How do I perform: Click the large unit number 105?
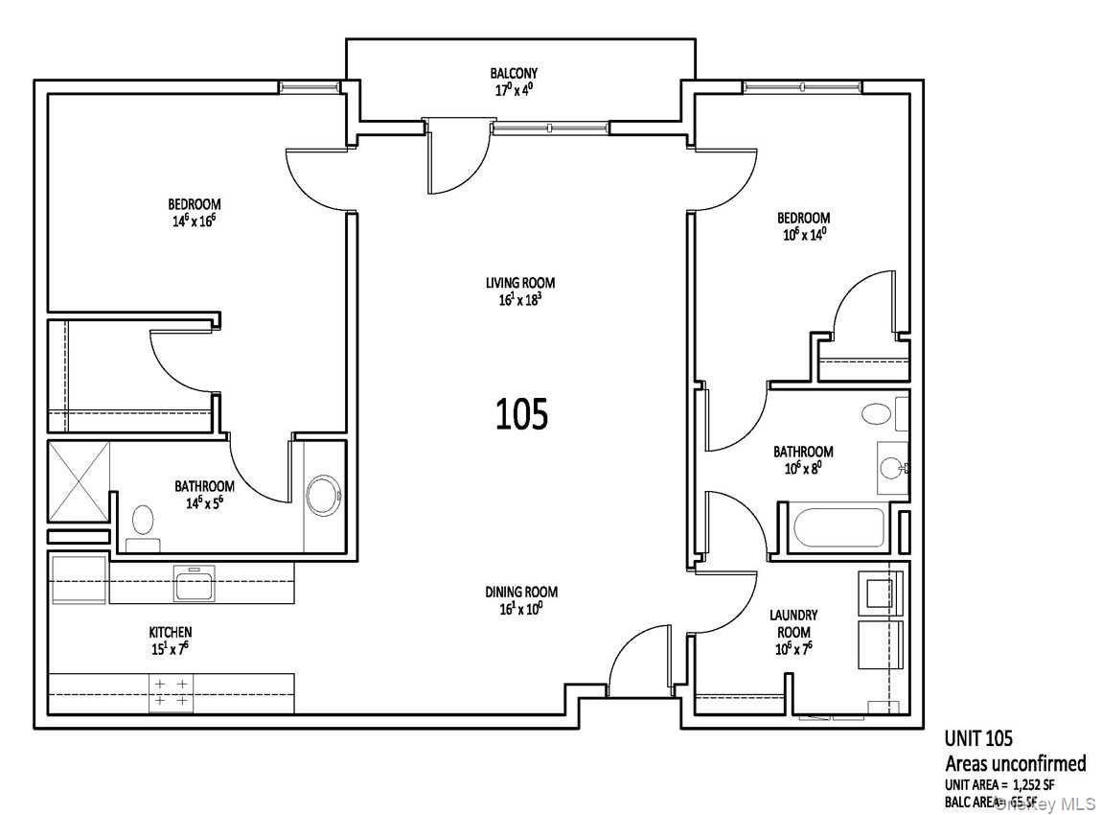point(521,413)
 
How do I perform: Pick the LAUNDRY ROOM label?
point(793,623)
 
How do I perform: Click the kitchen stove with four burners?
point(171,692)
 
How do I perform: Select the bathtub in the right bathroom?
point(838,528)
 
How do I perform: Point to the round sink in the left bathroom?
point(322,497)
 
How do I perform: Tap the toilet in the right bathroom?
point(876,414)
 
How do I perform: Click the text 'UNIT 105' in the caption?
point(978,738)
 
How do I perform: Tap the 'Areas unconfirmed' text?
point(1015,763)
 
